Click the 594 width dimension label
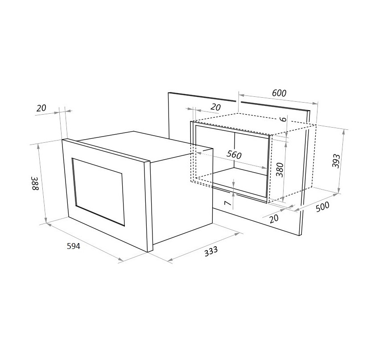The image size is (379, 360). coord(73,246)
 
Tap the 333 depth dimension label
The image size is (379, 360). coord(211,251)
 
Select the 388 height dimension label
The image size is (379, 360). coord(35,183)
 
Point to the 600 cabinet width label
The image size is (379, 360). coord(279,93)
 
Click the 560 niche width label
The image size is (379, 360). coord(234,155)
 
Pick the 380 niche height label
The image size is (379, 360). coord(280,170)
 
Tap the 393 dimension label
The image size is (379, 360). coord(336,161)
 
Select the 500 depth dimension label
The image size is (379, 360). coord(322,207)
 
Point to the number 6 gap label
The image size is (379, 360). coord(284,119)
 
